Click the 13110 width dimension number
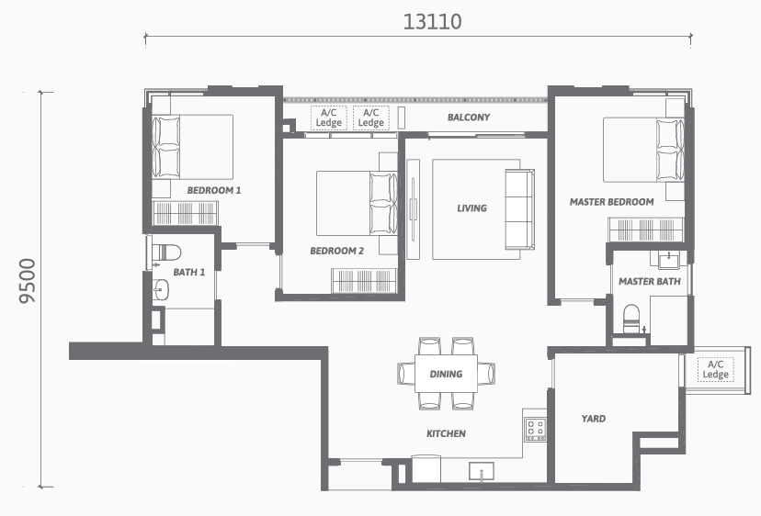[x=433, y=22]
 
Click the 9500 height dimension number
[x=28, y=281]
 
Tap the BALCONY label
[x=469, y=118]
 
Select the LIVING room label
[x=471, y=208]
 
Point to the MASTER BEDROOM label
[x=611, y=202]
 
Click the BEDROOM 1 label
[x=214, y=191]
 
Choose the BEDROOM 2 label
[x=336, y=251]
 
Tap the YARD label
[x=594, y=419]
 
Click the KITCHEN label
[x=446, y=433]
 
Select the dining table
[x=446, y=374]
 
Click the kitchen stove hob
[x=535, y=430]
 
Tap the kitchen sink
[x=482, y=471]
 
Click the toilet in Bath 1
[x=166, y=252]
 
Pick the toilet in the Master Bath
[x=631, y=319]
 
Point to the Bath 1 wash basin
[x=161, y=290]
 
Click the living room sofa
[x=520, y=209]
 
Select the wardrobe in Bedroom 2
[x=364, y=280]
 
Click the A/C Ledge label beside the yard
[x=715, y=369]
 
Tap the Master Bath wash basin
[x=670, y=260]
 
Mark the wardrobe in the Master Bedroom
[x=646, y=230]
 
